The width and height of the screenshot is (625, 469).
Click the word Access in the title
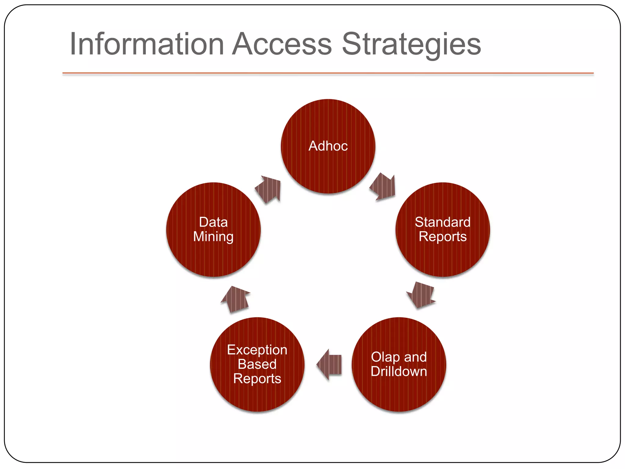[x=282, y=44]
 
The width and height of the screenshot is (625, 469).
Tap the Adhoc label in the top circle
[x=328, y=146]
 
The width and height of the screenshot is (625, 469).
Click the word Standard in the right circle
[x=443, y=222]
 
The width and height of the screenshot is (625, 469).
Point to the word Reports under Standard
[x=443, y=237]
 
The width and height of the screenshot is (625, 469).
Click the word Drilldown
[x=399, y=372]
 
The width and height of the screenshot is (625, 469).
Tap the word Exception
[x=257, y=350]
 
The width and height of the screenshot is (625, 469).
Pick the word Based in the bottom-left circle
[x=257, y=364]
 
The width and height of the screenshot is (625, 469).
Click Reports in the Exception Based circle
[x=257, y=379]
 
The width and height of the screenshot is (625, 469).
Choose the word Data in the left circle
[x=213, y=222]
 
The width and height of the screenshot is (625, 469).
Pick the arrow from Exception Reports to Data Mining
[x=236, y=299]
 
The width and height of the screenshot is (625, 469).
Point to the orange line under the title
[x=328, y=73]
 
